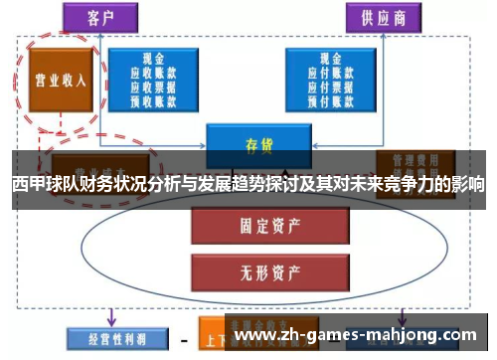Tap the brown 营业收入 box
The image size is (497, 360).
pos(57,82)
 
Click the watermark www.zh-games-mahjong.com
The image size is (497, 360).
pos(359,334)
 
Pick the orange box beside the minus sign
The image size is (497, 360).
pos(213,336)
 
